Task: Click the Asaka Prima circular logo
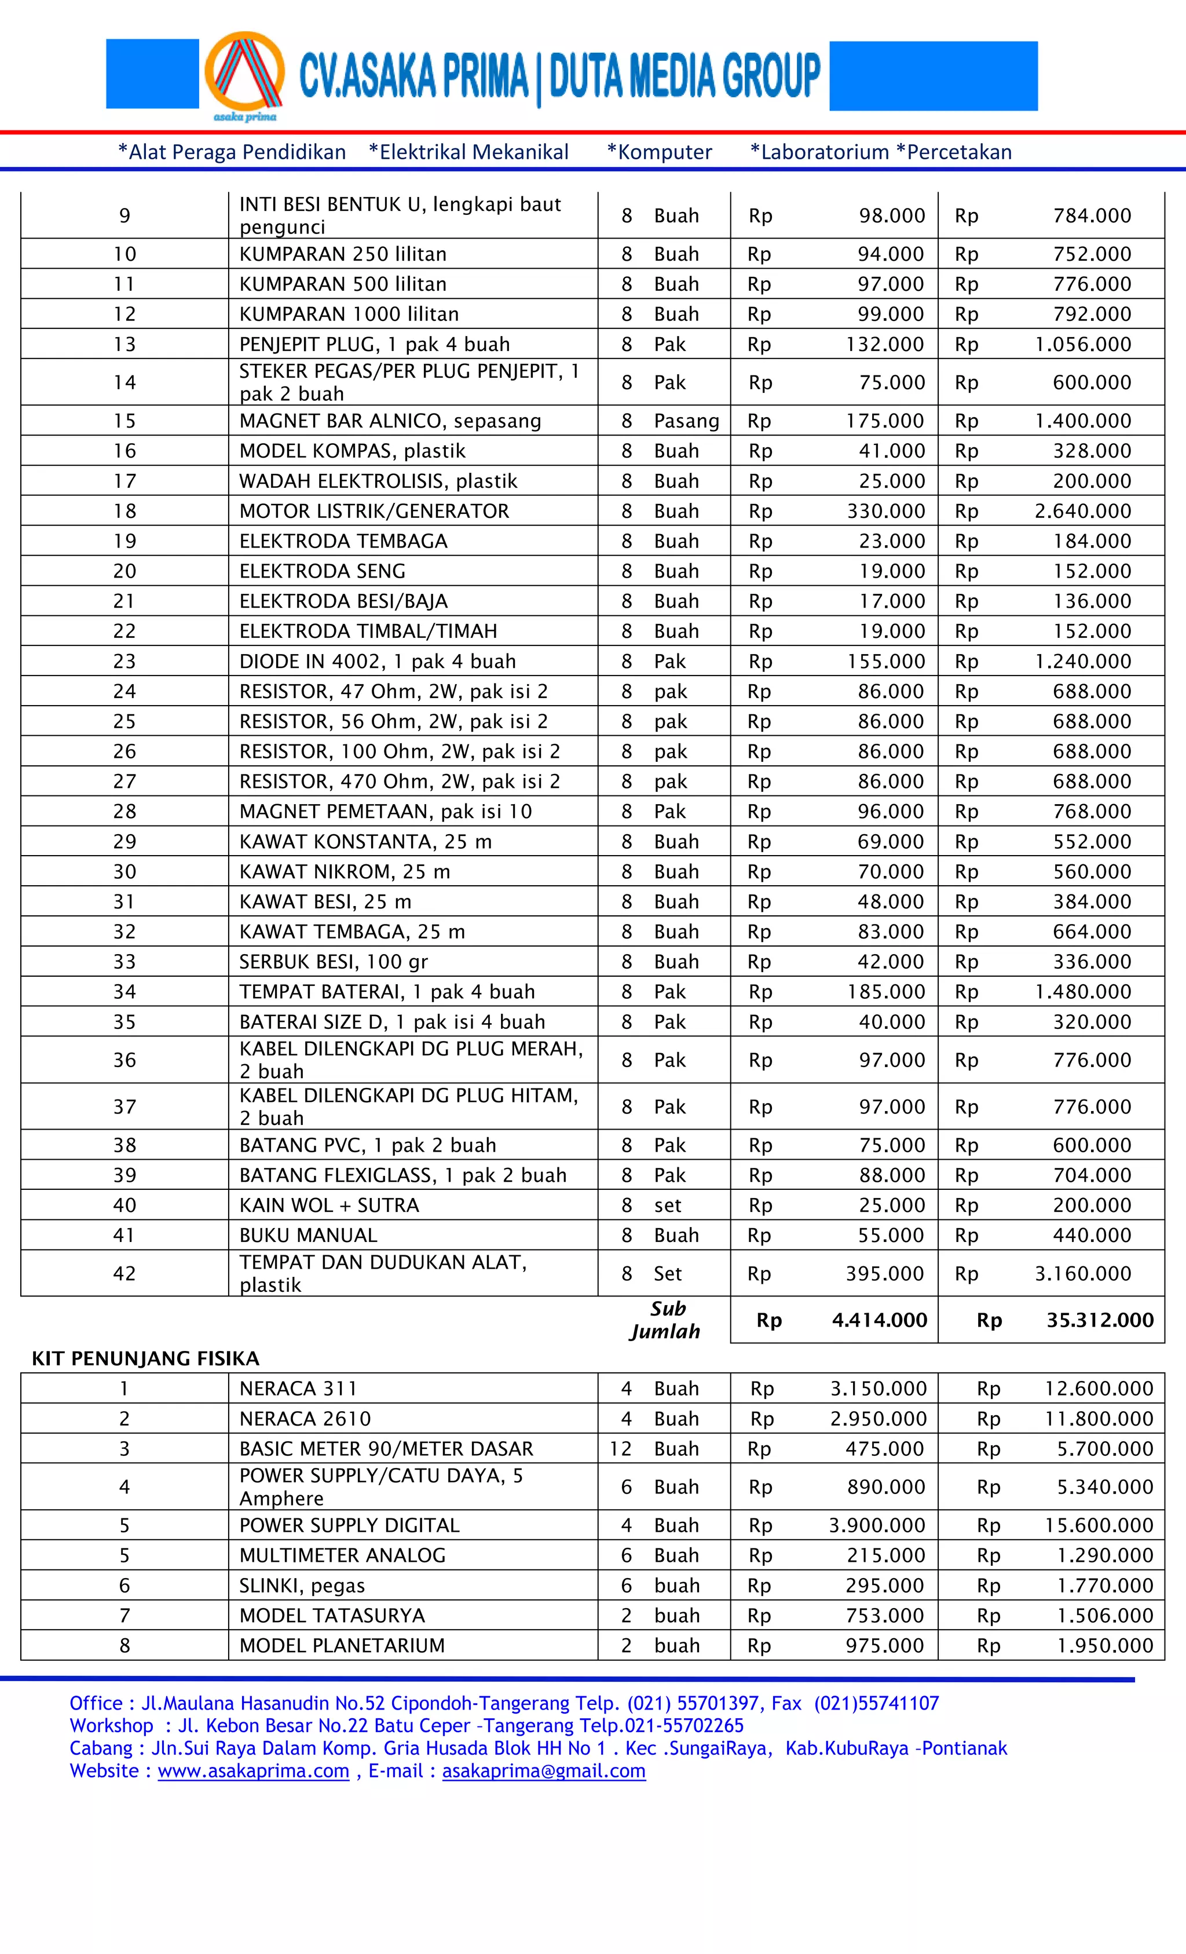(x=244, y=74)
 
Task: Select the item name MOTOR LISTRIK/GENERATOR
(x=374, y=511)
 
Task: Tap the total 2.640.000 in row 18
(x=1082, y=511)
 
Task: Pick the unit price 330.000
(x=885, y=511)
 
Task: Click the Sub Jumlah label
(x=666, y=1320)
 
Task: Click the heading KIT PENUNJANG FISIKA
(x=145, y=1358)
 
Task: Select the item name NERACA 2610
(x=305, y=1418)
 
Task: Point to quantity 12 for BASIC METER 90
(x=620, y=1448)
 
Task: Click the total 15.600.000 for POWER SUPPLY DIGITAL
(x=1098, y=1524)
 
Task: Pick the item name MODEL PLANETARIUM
(x=342, y=1645)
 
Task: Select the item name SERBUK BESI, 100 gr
(x=333, y=961)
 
